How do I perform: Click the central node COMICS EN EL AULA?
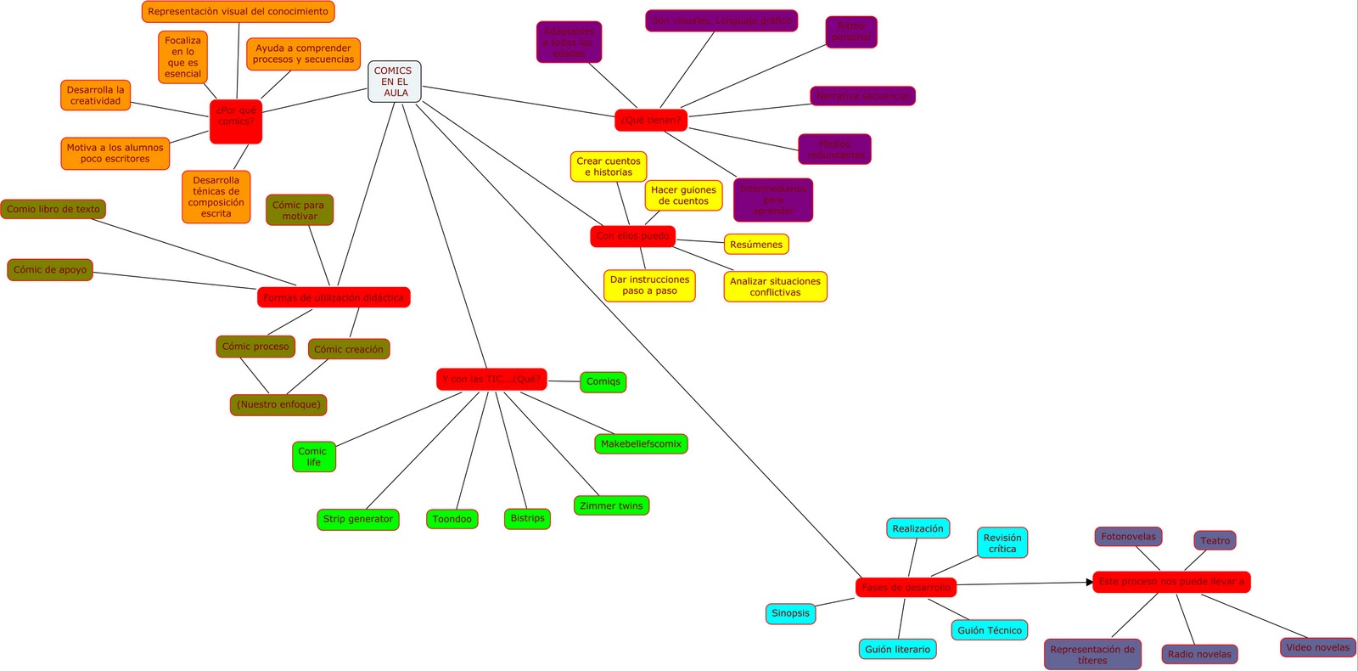pos(395,82)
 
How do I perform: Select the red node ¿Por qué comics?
pos(236,121)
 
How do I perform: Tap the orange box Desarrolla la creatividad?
pos(96,95)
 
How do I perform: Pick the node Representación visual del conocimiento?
pos(238,12)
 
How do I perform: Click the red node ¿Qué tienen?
pos(650,121)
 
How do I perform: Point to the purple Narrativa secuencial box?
pos(862,96)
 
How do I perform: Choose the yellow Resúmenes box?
pos(756,245)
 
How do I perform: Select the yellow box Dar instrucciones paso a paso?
pos(649,285)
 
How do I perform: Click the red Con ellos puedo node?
pos(632,236)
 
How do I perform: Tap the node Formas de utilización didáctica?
pos(334,297)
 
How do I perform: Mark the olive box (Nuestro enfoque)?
pos(278,405)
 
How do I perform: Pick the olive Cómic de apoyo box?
pos(50,270)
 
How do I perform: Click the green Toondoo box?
pos(452,519)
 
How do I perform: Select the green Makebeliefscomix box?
pos(641,444)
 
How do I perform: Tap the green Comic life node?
pos(314,457)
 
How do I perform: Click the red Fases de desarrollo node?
pos(906,587)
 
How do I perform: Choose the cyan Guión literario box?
pos(897,650)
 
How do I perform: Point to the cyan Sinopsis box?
pos(790,613)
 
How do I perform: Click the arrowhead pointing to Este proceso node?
pos(1090,583)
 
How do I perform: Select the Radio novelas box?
pos(1199,654)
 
